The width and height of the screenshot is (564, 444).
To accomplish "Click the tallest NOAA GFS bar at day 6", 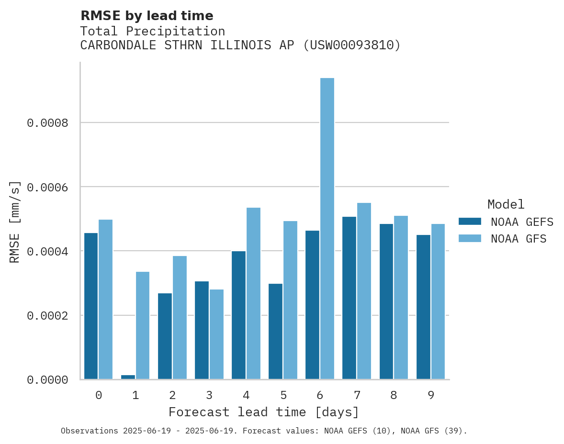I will pyautogui.click(x=327, y=228).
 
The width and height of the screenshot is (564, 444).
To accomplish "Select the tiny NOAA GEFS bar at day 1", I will pyautogui.click(x=128, y=377).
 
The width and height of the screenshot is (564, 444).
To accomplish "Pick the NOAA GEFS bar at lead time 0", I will pyautogui.click(x=91, y=306).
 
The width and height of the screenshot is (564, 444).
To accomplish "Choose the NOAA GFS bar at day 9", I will pyautogui.click(x=438, y=301).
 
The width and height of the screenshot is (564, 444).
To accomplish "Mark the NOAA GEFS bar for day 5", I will pyautogui.click(x=275, y=331).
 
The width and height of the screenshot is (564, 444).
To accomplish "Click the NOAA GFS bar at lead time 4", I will pyautogui.click(x=253, y=293).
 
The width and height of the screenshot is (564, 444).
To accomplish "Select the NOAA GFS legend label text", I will pyautogui.click(x=519, y=238).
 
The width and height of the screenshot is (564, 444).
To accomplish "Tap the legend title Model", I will pyautogui.click(x=506, y=204).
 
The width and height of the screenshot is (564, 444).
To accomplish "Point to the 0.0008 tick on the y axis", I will pyautogui.click(x=47, y=123).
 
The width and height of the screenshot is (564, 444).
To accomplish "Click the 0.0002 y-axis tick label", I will pyautogui.click(x=47, y=316).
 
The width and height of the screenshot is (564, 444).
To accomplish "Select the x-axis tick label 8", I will pyautogui.click(x=394, y=395).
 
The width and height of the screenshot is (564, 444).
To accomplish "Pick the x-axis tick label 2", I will pyautogui.click(x=172, y=395).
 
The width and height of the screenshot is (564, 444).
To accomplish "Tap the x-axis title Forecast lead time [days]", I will pyautogui.click(x=263, y=412).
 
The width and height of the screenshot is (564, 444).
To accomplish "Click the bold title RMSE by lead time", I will pyautogui.click(x=147, y=16).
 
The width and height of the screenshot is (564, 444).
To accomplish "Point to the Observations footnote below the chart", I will pyautogui.click(x=264, y=431).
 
